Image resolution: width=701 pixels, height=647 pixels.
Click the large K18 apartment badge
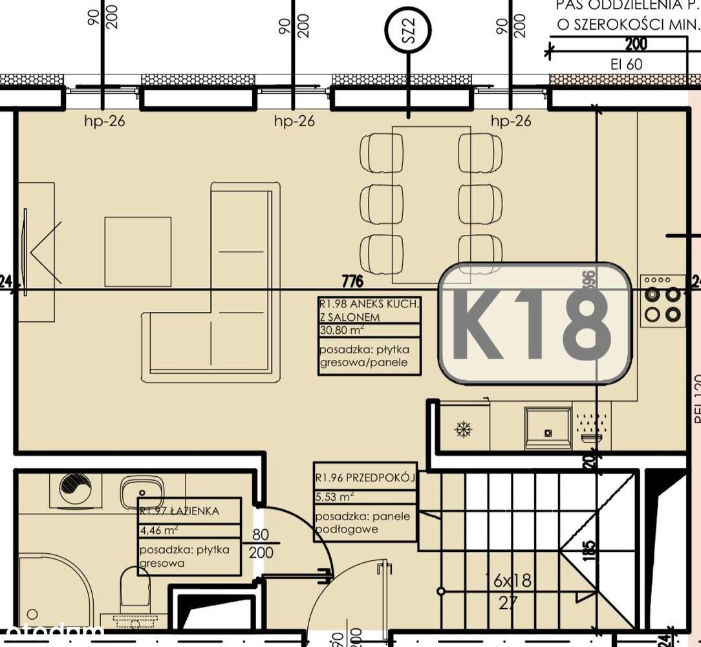tap(535, 323)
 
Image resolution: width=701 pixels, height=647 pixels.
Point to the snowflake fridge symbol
tap(464, 428)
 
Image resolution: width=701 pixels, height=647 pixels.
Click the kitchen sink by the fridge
tap(548, 428)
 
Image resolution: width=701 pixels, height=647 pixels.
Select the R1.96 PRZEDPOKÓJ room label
tap(364, 479)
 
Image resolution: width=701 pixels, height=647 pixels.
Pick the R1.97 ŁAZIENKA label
tap(180, 511)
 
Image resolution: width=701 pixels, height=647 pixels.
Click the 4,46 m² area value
tap(159, 531)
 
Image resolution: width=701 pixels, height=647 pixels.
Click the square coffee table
tap(138, 251)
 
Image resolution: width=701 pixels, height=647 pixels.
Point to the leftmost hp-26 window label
tap(104, 121)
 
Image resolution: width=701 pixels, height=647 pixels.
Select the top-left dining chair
tap(380, 151)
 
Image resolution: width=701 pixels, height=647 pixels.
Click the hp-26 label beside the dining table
tap(511, 121)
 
